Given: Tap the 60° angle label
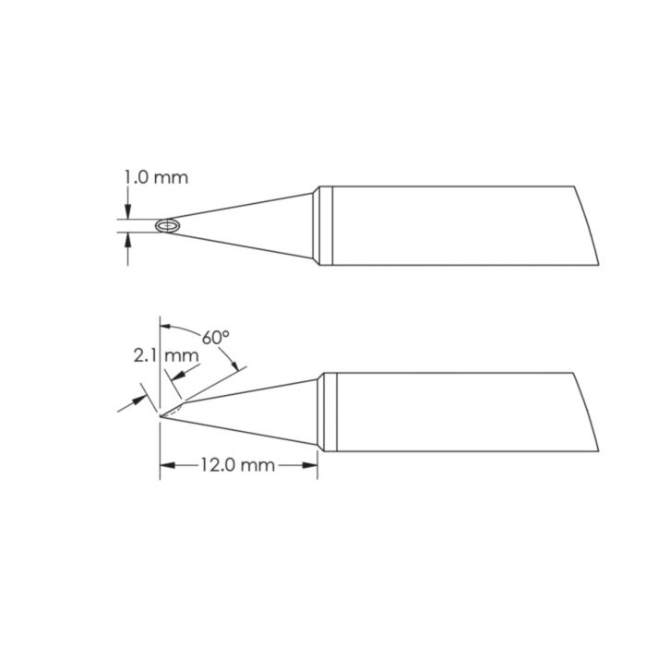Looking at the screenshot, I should coord(216,339).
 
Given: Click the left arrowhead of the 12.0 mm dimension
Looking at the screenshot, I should coord(166,466).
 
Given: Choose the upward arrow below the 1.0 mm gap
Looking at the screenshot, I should coord(126,239).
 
